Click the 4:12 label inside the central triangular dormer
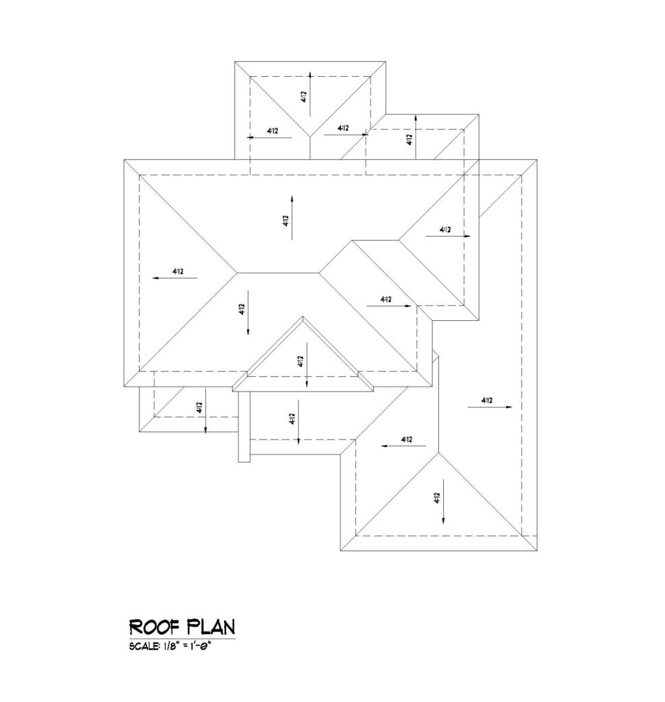click(x=300, y=361)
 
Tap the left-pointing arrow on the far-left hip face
click(x=175, y=278)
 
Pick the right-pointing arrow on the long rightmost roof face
click(x=490, y=407)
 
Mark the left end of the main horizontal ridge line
click(x=236, y=273)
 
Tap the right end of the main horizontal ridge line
click(x=319, y=273)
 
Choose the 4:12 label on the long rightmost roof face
click(x=487, y=400)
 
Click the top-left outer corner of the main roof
click(x=124, y=160)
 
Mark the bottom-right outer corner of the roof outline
click(x=537, y=550)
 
